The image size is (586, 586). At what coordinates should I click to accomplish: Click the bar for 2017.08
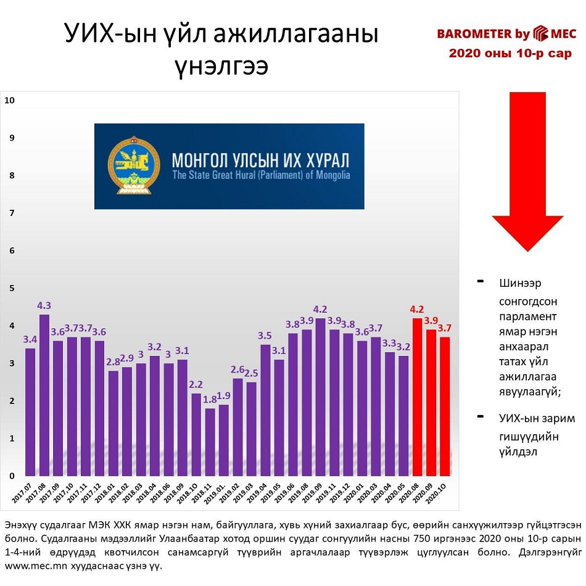tap(44, 395)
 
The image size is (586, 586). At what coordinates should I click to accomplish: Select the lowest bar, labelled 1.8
tap(210, 442)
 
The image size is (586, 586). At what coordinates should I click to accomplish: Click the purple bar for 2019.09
tap(321, 397)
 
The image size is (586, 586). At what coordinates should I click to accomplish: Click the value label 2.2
tap(196, 385)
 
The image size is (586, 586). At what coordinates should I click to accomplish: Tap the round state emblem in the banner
tap(130, 165)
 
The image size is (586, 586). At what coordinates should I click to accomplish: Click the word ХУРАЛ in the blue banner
tap(323, 161)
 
